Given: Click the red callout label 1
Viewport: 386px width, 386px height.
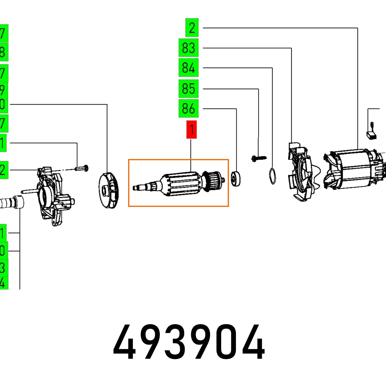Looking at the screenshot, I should tap(191, 130).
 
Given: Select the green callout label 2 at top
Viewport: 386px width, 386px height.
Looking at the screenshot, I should tap(192, 28).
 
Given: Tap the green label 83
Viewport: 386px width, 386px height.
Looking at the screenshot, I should tap(188, 48).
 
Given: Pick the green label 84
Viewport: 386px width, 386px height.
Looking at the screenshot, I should tap(188, 68).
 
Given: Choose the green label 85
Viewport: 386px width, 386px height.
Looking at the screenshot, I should tap(188, 89).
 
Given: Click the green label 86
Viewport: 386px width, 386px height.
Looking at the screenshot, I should tap(188, 109).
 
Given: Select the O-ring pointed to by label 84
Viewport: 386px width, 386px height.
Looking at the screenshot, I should tap(273, 176).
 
